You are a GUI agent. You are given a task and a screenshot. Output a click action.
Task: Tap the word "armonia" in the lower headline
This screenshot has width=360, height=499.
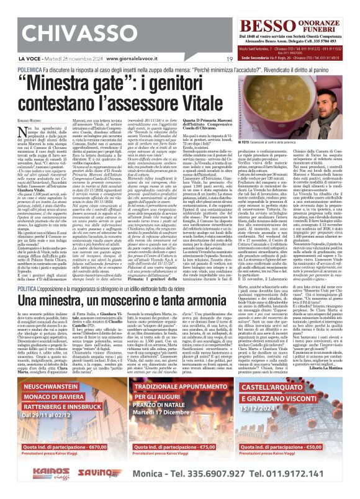(296, 302)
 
